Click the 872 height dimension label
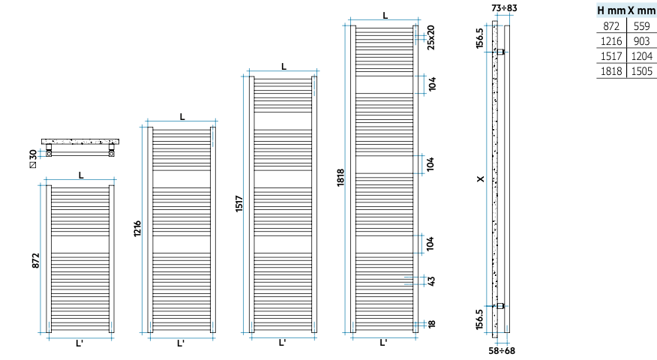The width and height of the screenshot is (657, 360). point(36,261)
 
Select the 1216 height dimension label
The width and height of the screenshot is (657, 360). point(137,229)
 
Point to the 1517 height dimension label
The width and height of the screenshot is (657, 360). point(238,204)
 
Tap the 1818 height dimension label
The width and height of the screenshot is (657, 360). point(340,177)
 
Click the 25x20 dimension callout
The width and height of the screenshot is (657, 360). point(430,37)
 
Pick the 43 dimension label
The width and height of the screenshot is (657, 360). point(431,280)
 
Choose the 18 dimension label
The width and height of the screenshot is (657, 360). point(431,324)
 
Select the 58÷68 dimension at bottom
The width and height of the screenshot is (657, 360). point(502,350)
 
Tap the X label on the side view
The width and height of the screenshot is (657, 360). point(481,179)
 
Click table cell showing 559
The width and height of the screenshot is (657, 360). point(641,26)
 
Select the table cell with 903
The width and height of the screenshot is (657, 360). point(641,41)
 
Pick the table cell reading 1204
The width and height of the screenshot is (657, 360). point(641,56)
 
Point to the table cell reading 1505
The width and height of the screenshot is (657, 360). point(641,71)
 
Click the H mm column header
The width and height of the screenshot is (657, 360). point(612,10)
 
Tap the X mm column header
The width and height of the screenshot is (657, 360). point(641,10)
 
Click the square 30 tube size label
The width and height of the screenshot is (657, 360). point(33,159)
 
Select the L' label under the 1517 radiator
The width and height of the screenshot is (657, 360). point(283,343)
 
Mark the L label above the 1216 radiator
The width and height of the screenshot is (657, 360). point(182,117)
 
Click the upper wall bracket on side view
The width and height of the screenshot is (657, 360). point(501,52)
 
